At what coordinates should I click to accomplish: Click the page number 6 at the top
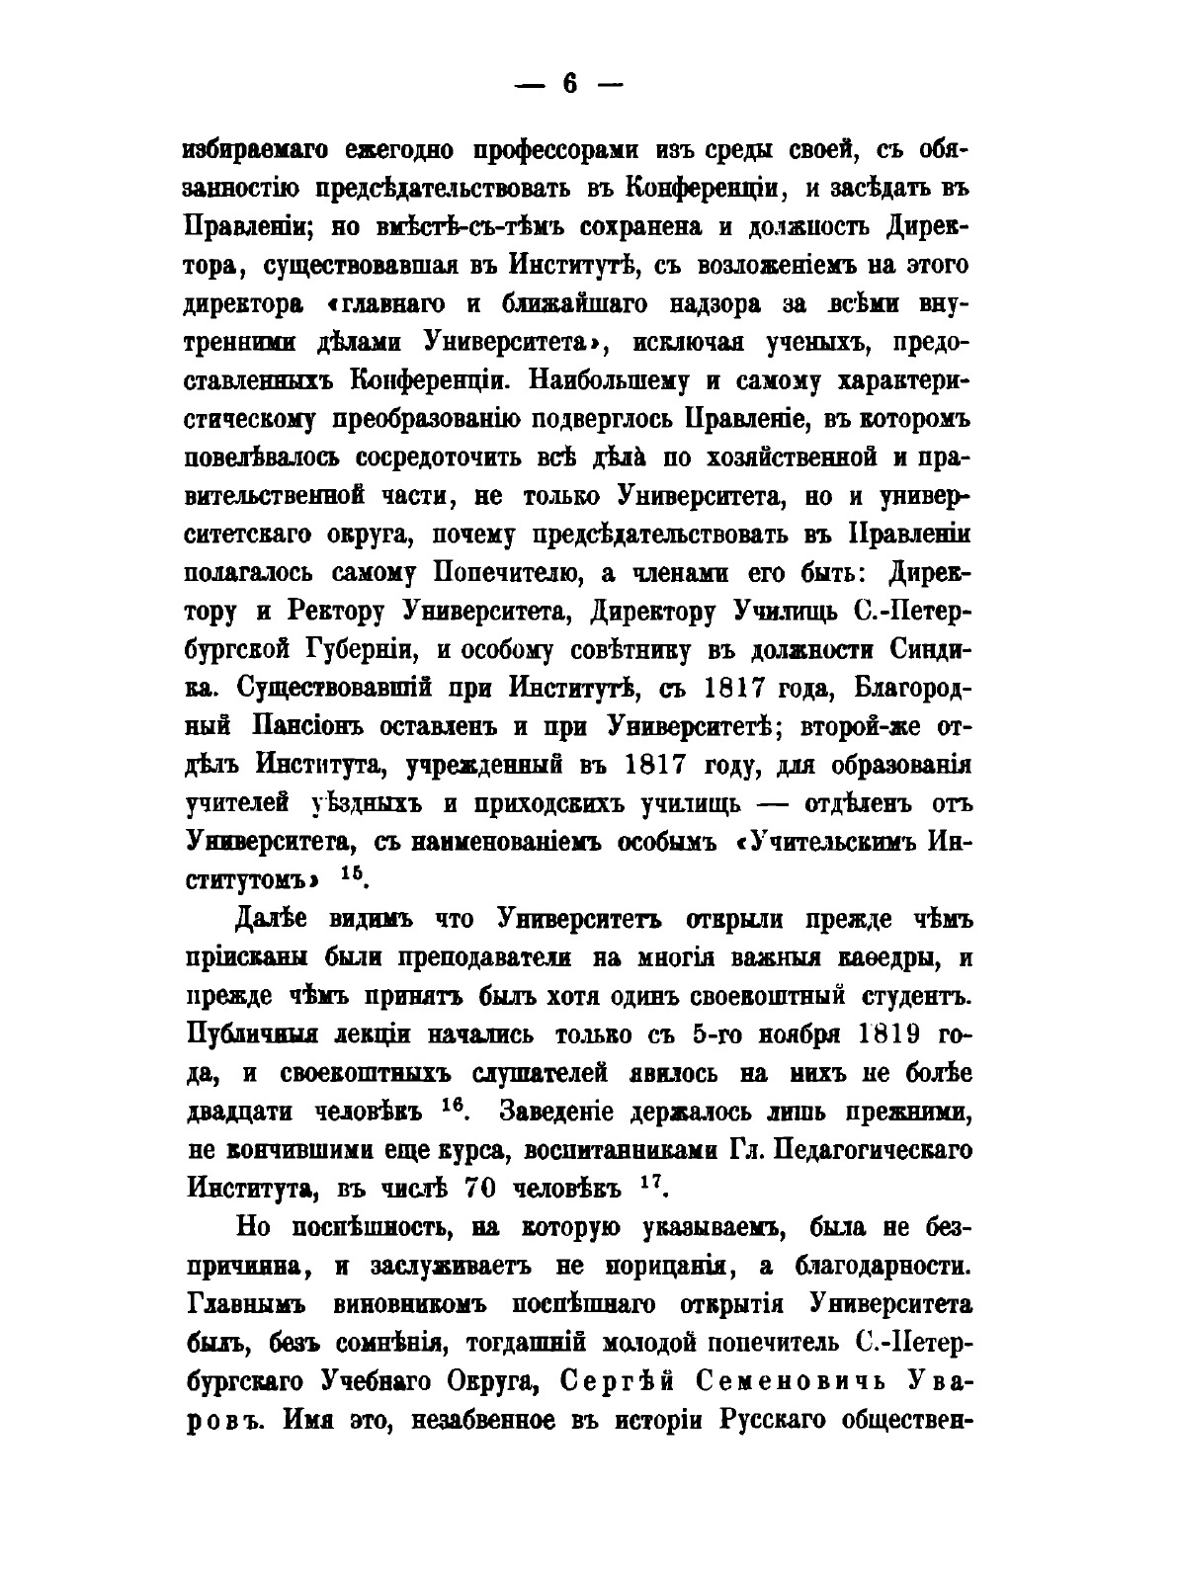pyautogui.click(x=569, y=86)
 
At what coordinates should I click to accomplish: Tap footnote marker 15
pyautogui.click(x=352, y=873)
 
